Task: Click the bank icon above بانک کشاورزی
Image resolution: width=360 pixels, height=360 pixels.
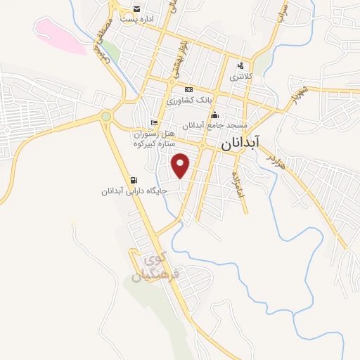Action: click(188, 90)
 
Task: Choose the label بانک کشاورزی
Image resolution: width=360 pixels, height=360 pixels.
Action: click(188, 101)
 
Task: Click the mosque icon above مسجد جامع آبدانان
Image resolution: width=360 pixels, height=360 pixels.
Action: click(214, 115)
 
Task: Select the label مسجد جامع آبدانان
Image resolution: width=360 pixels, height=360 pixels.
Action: click(214, 126)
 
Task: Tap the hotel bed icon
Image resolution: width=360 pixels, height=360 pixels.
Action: click(154, 122)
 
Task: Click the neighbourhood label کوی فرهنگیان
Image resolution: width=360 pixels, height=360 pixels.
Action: click(157, 265)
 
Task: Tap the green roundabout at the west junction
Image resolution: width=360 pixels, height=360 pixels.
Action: click(106, 116)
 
